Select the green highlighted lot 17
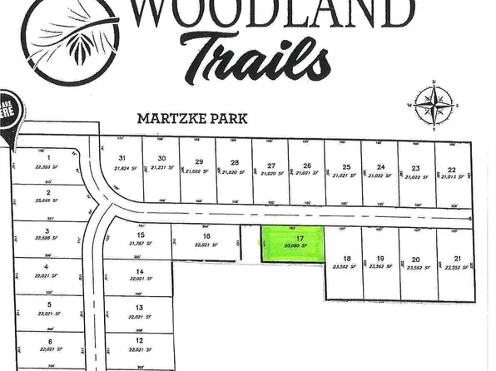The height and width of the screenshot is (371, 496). coord(290,245)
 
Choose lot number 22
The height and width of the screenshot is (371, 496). coord(450,166)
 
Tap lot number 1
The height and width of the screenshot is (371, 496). coord(49,156)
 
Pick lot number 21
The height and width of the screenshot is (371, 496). coord(457,259)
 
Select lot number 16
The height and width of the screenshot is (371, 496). coord(206,235)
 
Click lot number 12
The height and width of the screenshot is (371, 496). coord(139,340)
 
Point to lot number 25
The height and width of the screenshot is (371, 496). coord(345,166)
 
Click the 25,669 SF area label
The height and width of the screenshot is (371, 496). coord(49,200)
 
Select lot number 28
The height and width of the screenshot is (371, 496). coord(235,162)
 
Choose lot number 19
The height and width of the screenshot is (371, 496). coord(379,258)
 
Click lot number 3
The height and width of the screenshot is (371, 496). coord(48,231)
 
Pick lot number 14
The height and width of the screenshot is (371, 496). coord(140,271)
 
